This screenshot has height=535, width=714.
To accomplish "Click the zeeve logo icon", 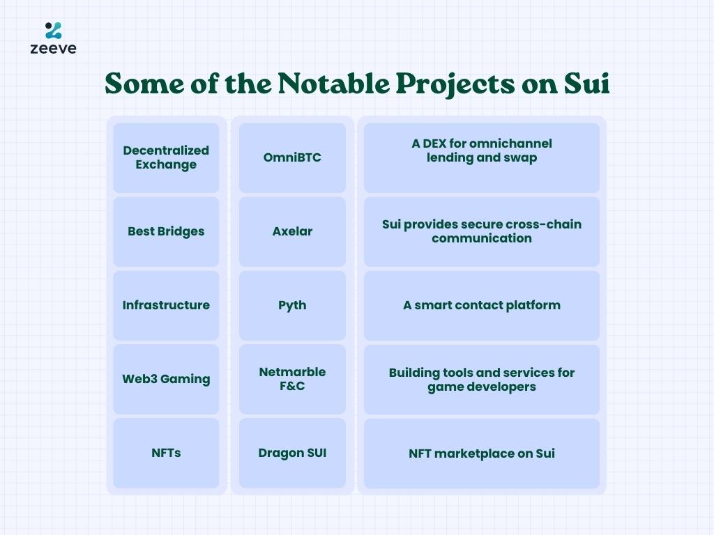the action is (53, 31).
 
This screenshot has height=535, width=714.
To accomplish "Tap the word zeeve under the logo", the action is (53, 48).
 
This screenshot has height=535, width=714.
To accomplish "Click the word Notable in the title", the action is (333, 84).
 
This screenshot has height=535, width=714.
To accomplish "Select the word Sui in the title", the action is (586, 84).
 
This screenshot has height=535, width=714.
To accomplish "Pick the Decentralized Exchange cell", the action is (166, 157).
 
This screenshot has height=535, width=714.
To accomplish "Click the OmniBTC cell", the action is (292, 157).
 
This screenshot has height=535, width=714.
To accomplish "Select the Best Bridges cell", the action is (166, 231).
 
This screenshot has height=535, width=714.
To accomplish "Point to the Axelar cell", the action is (292, 231).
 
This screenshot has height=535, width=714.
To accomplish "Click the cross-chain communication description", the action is (482, 231).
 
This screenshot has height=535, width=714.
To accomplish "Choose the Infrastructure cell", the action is (166, 305).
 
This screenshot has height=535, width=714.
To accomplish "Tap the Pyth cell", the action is (292, 305).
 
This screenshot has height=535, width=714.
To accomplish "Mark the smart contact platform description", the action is (482, 305).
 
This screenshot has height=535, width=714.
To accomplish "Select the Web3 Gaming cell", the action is (166, 380).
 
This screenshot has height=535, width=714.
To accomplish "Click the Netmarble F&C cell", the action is (292, 380).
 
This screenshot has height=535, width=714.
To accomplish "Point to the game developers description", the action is (482, 380).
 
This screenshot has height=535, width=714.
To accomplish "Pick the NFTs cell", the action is (166, 453).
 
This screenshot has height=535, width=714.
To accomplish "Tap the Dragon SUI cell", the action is (292, 453).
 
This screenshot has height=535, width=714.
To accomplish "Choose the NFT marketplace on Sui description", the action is (482, 453).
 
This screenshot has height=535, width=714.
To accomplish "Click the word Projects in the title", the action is (455, 84).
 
